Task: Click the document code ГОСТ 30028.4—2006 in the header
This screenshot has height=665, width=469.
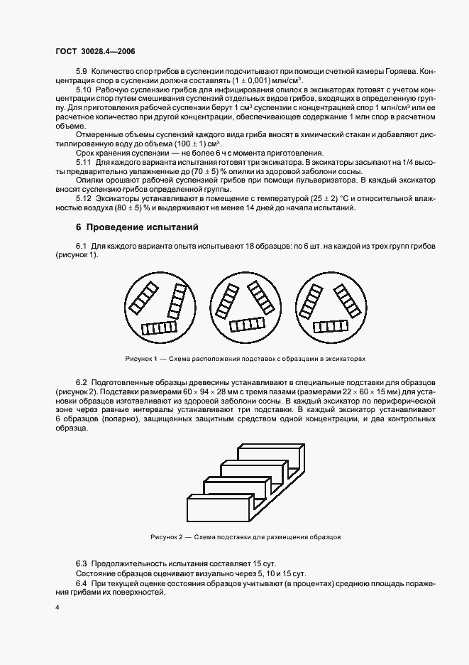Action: coord(95,52)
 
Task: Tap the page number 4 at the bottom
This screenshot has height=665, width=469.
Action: coord(57,608)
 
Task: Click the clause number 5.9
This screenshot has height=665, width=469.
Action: coord(82,71)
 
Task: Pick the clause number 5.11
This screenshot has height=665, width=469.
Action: coord(84,162)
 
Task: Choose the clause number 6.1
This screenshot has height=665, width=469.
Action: coord(82,246)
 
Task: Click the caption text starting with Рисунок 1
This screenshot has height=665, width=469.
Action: coord(245,359)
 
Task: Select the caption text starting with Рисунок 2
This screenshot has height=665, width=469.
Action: coord(245,537)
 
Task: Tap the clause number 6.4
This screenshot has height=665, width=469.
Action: coord(82,583)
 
